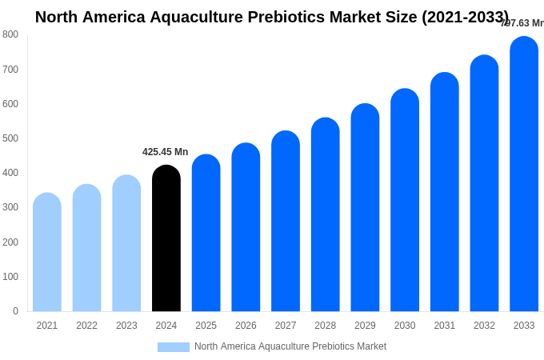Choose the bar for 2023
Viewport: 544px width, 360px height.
pyautogui.click(x=126, y=243)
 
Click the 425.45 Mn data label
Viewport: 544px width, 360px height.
pyautogui.click(x=165, y=152)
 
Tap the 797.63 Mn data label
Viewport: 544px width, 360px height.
pyautogui.click(x=522, y=23)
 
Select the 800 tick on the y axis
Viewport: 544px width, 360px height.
pyautogui.click(x=10, y=34)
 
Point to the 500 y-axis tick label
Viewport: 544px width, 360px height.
pyautogui.click(x=10, y=138)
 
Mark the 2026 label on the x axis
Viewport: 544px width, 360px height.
pyautogui.click(x=246, y=326)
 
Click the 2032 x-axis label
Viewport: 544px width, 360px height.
pyautogui.click(x=484, y=326)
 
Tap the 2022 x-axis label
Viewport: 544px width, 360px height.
pyautogui.click(x=86, y=326)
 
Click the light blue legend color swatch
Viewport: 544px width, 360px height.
pyautogui.click(x=173, y=347)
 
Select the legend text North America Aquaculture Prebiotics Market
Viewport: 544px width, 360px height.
pyautogui.click(x=290, y=346)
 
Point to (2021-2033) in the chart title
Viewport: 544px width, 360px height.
pyautogui.click(x=464, y=17)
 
